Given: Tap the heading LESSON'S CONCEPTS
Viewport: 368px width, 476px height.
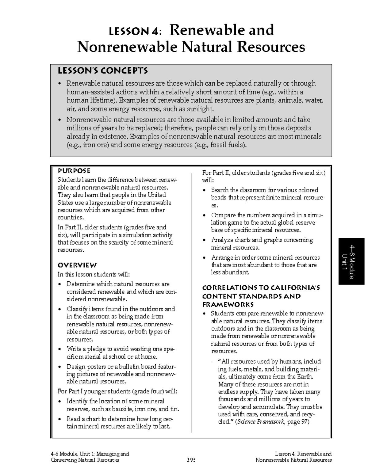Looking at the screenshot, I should pyautogui.click(x=103, y=71).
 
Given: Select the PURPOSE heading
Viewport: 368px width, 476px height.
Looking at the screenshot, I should pyautogui.click(x=74, y=171).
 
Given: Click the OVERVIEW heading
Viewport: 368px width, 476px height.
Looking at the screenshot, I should pyautogui.click(x=77, y=265).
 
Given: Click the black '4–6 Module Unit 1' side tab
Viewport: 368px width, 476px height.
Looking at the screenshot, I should pyautogui.click(x=351, y=261).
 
